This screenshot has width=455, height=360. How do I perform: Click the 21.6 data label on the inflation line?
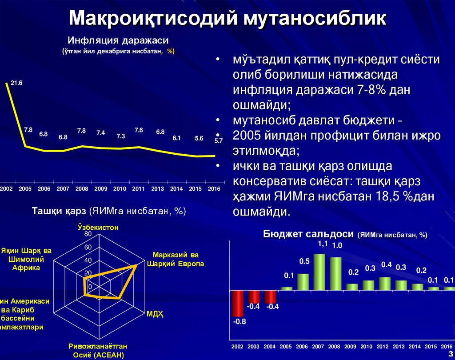17,83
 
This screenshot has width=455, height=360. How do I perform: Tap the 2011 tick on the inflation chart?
139,188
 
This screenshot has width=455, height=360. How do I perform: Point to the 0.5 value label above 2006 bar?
304,261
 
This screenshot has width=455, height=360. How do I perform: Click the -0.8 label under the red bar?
239,322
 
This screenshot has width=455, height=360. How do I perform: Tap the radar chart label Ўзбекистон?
98,227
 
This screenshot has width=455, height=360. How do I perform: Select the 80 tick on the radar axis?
88,234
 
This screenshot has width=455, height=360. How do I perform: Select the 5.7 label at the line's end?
218,141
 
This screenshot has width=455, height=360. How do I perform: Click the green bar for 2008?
335,273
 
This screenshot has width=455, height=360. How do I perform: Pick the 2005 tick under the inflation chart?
25,188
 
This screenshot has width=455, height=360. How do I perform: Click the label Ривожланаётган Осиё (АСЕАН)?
98,351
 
